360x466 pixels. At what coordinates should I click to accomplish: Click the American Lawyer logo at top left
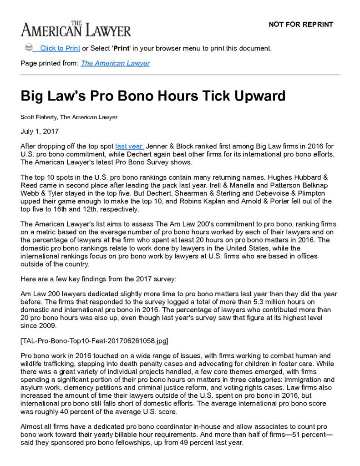[x=76, y=29]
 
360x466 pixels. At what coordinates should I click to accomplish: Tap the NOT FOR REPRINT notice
[x=301, y=25]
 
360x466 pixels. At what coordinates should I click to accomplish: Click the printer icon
[x=29, y=47]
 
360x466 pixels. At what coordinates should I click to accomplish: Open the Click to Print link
[x=60, y=48]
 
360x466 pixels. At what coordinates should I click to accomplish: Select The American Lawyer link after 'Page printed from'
[x=115, y=63]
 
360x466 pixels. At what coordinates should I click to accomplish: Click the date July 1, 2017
[x=40, y=132]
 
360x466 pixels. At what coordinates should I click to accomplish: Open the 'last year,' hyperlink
[x=130, y=146]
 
